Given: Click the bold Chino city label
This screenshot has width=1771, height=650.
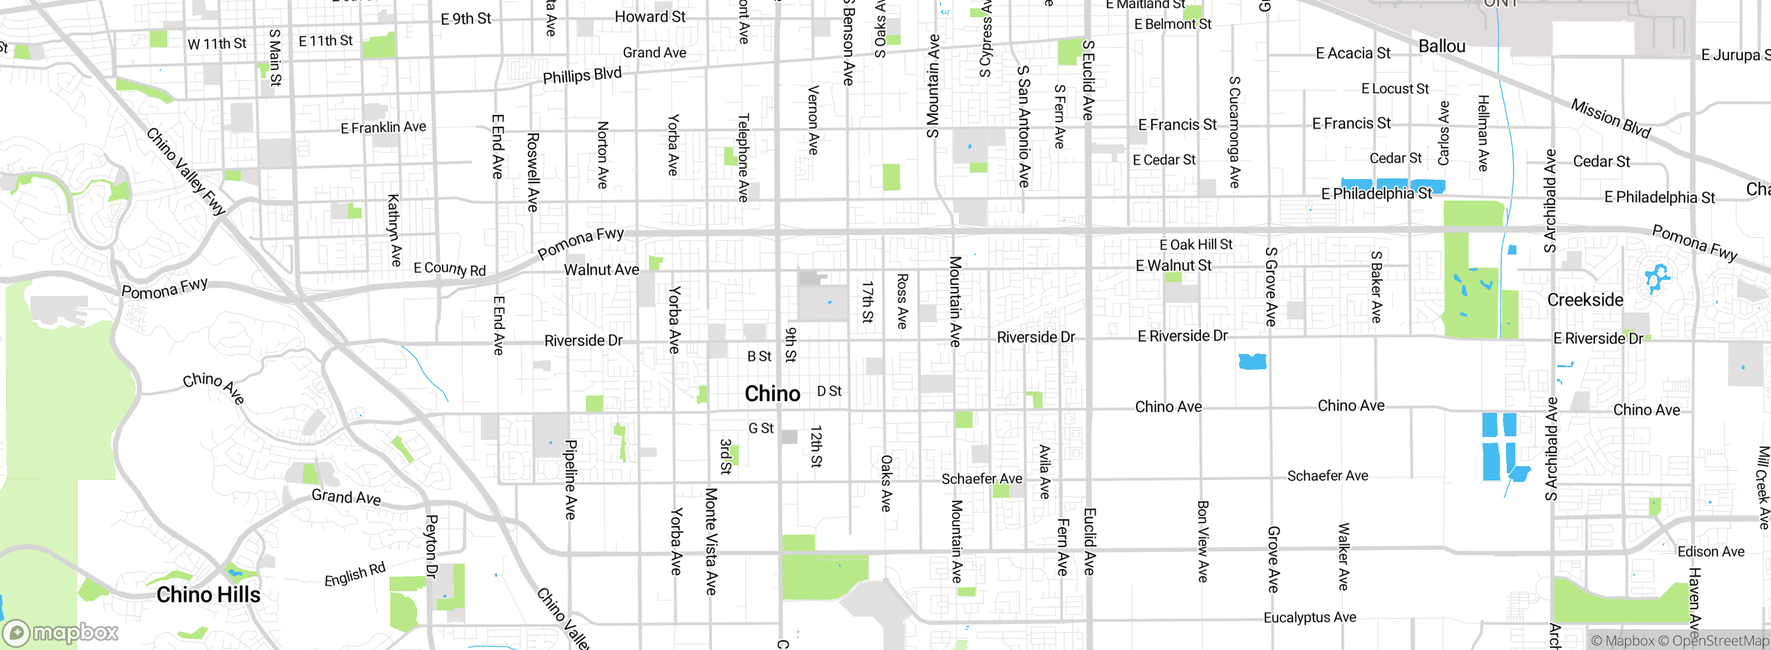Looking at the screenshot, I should pos(772,393).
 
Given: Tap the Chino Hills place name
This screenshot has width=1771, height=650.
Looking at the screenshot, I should pos(208,595).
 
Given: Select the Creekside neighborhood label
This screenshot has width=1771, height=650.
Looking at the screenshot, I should pos(1585,299).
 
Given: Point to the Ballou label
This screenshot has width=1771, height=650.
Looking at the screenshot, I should pos(1442,46).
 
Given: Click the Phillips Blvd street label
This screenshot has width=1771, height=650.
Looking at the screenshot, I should pos(582,75).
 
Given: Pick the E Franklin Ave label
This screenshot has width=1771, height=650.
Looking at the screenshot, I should pos(383,127).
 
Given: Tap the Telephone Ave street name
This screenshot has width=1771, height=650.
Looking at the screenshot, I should pos(743,158).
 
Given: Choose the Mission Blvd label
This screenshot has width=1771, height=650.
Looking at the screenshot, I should pos(1611,118).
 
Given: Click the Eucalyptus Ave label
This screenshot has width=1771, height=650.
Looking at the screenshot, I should pos(1310,617).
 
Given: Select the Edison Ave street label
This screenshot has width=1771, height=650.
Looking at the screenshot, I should pos(1711,551).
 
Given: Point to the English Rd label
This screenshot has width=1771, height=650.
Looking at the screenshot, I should pos(355,574).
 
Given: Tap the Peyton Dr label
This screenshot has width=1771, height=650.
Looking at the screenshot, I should pos(431,546).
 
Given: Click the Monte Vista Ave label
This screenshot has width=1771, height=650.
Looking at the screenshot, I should pos(710,541).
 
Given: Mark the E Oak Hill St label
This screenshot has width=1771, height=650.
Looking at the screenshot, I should pos(1195,244).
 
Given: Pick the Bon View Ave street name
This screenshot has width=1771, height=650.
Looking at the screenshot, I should pos(1202,541).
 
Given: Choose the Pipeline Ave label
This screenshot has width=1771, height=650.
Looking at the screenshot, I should pos(570,479).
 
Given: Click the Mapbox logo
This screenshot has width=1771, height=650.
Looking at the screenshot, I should pos(61,633).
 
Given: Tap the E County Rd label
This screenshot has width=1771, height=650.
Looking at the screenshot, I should pos(450,269).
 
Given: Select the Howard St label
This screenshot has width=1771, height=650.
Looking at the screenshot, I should pos(650,17).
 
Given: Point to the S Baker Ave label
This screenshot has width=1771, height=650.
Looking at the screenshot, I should pos(1376,287).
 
